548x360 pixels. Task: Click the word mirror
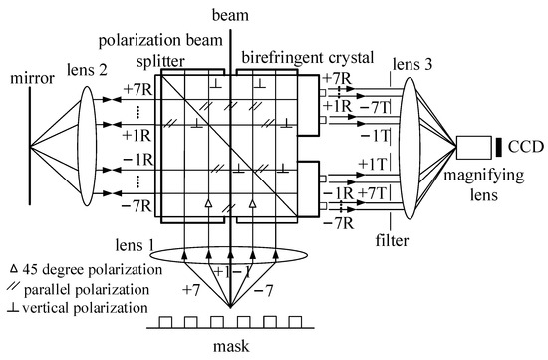[x=30, y=77]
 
